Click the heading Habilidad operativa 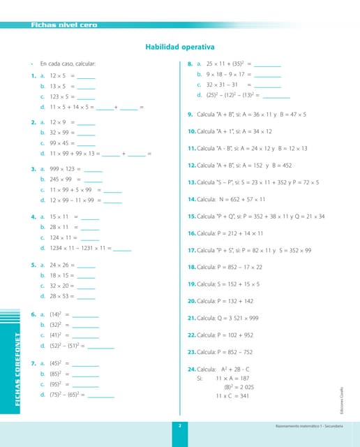pos(179,47)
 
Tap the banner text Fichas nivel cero pos(63,25)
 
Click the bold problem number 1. pos(33,75)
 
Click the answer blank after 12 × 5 pos(86,76)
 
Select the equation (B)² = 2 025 pos(238,387)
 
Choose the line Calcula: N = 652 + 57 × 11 pos(236,199)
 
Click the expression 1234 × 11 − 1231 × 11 pos(77,248)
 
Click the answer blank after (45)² pos(85,364)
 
